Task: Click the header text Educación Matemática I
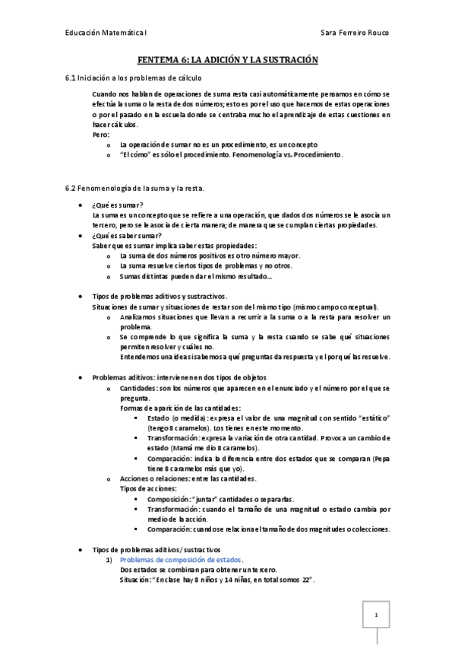coord(106,33)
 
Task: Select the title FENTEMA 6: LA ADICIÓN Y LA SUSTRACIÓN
coord(227,59)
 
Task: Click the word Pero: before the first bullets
coord(101,134)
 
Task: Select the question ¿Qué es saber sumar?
coord(127,236)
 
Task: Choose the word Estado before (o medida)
coord(159,418)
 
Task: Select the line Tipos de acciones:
coord(149,488)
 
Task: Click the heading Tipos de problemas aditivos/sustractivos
coord(156,549)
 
